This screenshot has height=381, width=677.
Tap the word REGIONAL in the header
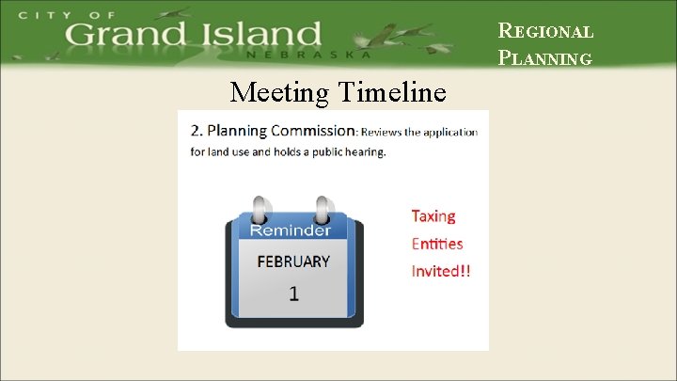click(545, 31)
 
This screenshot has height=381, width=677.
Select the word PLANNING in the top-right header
click(545, 58)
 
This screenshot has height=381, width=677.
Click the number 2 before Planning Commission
click(195, 130)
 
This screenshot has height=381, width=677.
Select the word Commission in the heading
click(315, 130)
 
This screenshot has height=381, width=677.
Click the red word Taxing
click(433, 216)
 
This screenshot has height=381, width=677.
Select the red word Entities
click(437, 244)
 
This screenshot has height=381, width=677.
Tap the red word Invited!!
click(441, 271)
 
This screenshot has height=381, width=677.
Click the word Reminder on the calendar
click(290, 230)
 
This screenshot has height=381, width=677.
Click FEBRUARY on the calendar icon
click(293, 262)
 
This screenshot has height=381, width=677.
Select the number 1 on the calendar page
click(293, 294)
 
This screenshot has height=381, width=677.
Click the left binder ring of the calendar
click(259, 210)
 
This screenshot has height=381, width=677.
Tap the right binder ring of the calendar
click(324, 210)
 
